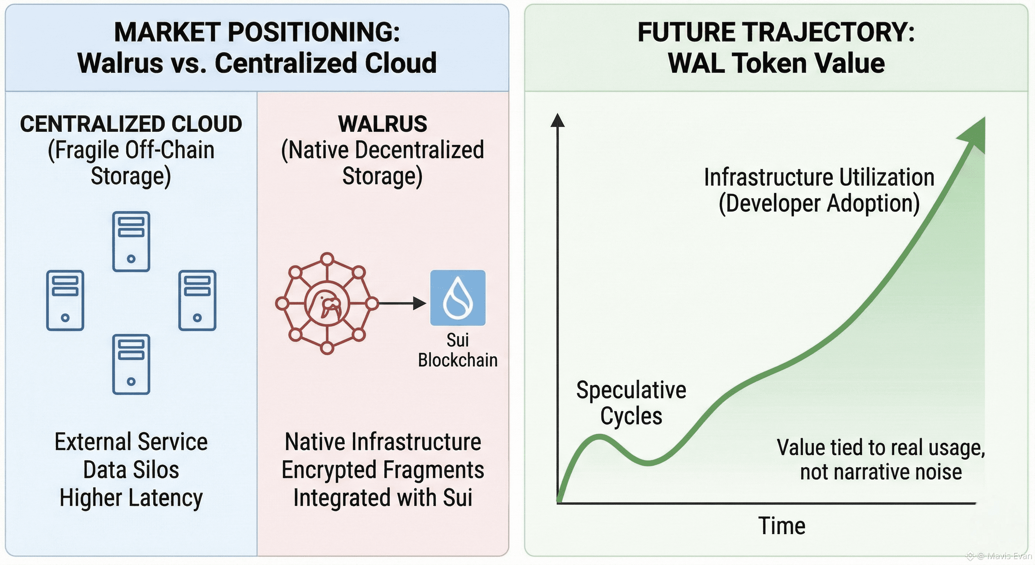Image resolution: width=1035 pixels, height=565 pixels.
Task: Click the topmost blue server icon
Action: (131, 241)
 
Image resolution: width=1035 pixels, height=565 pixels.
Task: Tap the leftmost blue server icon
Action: (65, 300)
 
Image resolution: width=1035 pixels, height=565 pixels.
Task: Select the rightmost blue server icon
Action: (197, 300)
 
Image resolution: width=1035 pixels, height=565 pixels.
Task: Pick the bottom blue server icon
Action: (131, 364)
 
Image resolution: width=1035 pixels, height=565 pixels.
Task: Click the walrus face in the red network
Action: (327, 303)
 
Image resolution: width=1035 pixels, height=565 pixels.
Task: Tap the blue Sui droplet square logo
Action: (458, 298)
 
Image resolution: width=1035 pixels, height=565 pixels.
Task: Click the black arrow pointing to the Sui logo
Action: (402, 303)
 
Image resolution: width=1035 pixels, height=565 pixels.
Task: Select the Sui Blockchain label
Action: (458, 350)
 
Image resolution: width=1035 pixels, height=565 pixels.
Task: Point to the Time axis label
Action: (781, 526)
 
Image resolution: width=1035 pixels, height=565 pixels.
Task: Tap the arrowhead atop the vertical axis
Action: (557, 120)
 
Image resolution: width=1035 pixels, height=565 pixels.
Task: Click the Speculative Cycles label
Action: (631, 402)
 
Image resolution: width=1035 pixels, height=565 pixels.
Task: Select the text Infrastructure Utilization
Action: (819, 177)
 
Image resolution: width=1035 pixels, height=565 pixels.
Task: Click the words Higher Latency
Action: (131, 498)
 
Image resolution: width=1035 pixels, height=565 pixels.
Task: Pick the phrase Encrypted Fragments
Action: (383, 470)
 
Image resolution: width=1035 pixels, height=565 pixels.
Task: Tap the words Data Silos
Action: (131, 470)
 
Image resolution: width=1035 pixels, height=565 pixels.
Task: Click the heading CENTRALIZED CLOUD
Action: (131, 124)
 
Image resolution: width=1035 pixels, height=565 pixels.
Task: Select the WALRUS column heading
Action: (383, 124)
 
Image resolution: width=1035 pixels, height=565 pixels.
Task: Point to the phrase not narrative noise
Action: (881, 472)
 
